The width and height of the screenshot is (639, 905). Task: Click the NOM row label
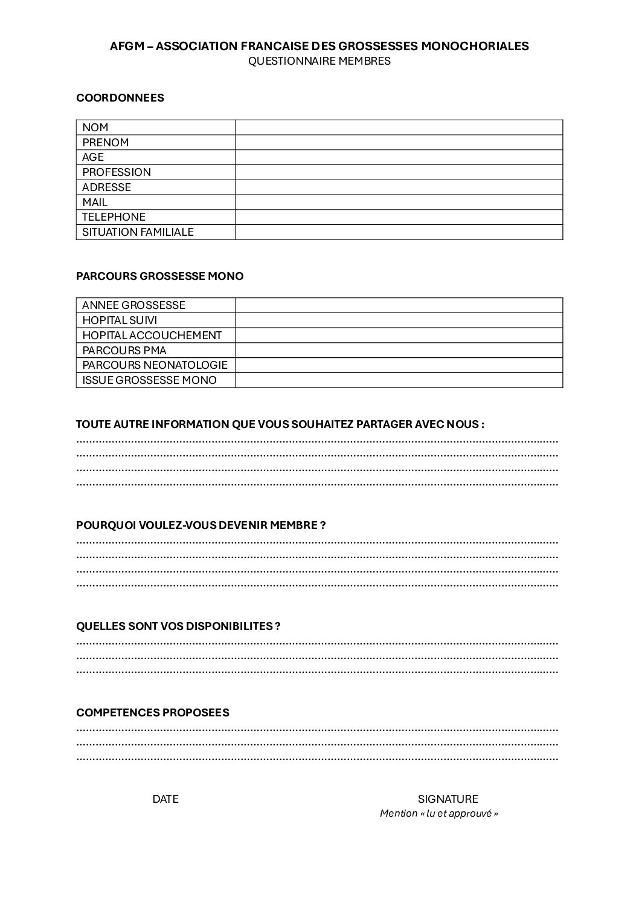(x=95, y=128)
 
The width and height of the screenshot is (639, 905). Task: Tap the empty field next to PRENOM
(x=399, y=143)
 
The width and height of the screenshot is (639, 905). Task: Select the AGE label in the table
(x=93, y=157)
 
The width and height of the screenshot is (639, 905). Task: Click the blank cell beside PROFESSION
(x=399, y=172)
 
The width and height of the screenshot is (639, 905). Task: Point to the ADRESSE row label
(x=106, y=187)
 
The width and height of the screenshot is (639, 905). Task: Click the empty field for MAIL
(x=399, y=203)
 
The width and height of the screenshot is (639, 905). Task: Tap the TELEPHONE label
(x=114, y=217)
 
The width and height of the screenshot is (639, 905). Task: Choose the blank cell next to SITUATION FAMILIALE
(x=399, y=232)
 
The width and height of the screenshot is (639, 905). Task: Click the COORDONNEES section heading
(x=120, y=98)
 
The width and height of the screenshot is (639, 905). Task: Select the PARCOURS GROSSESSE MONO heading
(x=160, y=276)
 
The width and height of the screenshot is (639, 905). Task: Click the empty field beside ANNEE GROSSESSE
(x=399, y=305)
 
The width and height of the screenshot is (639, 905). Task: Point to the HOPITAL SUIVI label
(x=120, y=320)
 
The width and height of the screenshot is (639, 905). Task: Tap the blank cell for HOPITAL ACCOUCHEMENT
(x=399, y=336)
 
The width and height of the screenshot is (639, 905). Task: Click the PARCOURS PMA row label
(x=124, y=351)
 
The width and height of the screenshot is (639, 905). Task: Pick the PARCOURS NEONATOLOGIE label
(x=155, y=365)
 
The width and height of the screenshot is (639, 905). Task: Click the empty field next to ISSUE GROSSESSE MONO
(x=399, y=380)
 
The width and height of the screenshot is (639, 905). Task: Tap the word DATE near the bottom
(x=165, y=799)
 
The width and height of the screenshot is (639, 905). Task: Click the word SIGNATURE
(x=448, y=799)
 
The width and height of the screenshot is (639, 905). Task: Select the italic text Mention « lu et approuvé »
(x=439, y=814)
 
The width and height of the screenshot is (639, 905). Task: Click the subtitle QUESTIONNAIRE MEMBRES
(x=319, y=61)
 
